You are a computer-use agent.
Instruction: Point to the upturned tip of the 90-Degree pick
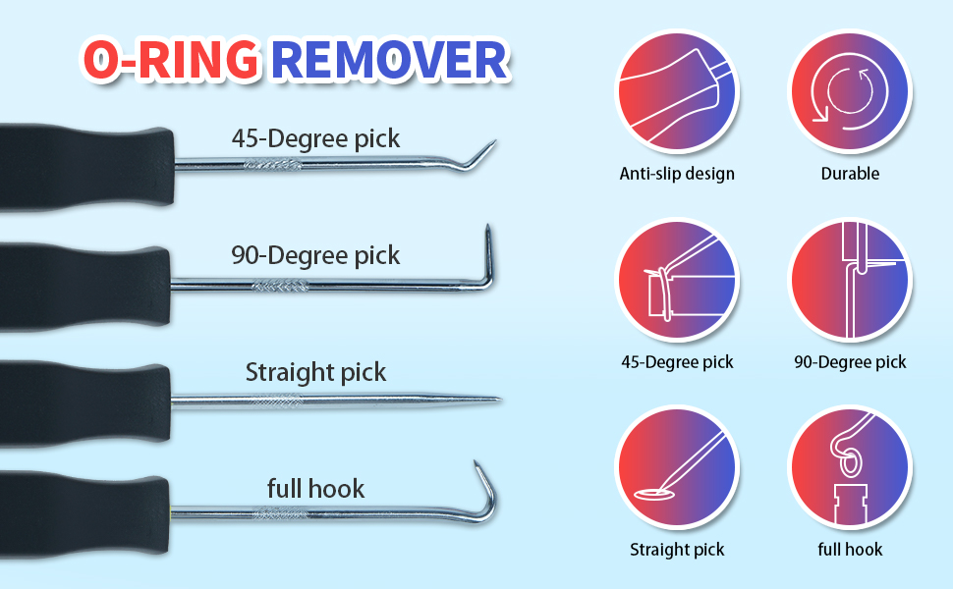coord(486,241)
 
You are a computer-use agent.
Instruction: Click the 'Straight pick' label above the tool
coord(315,373)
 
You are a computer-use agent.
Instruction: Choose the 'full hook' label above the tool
coord(315,488)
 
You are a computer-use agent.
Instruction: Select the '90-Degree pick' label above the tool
coord(315,255)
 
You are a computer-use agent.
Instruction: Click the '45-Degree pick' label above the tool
coord(315,137)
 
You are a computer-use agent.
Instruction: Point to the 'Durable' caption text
coord(850,174)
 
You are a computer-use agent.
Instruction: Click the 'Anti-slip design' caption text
coord(677,174)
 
